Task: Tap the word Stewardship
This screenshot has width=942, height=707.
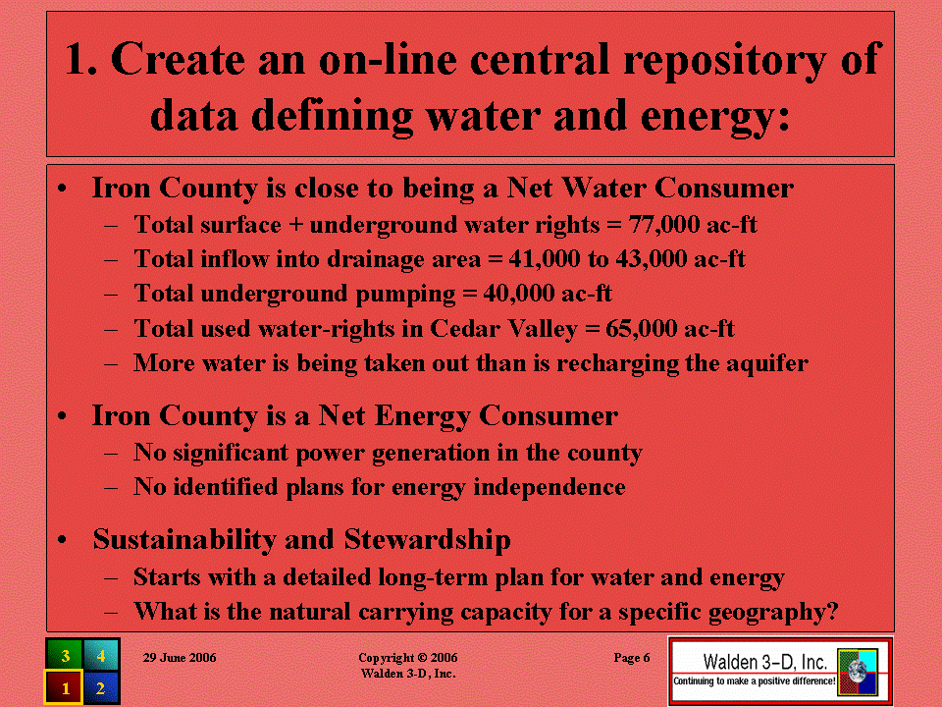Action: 427,540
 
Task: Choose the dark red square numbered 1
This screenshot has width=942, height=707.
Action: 64,687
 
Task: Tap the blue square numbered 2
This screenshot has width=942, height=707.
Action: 101,687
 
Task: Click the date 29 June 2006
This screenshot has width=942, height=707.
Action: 180,658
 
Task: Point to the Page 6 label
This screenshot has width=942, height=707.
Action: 631,658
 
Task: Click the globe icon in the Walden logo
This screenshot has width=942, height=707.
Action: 858,671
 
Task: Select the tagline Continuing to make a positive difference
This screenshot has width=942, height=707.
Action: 754,681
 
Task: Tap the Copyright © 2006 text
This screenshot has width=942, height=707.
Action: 408,658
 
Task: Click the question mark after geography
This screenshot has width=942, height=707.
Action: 833,612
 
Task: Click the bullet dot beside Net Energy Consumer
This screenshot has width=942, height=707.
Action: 62,416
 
